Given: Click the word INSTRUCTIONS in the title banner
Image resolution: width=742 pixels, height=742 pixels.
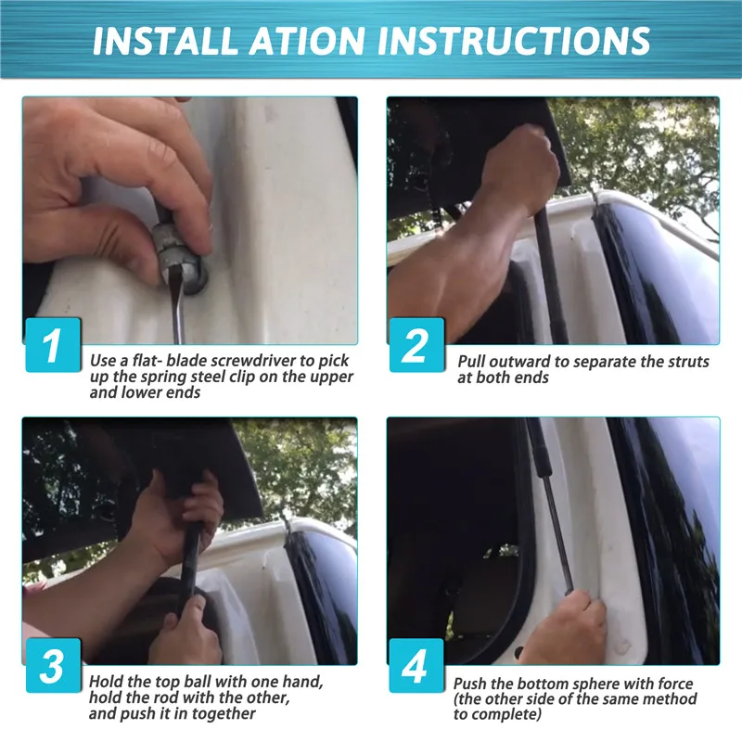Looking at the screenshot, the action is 514,41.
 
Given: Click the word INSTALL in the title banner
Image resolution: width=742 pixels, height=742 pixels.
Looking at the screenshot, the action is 164,41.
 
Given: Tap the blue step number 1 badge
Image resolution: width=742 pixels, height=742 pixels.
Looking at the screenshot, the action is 53,345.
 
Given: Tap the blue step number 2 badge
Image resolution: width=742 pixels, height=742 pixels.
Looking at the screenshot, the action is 416,345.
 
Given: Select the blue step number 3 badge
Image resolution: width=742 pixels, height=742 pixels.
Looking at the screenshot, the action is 53,665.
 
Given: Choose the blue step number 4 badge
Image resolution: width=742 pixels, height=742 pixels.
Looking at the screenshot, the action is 416,665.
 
